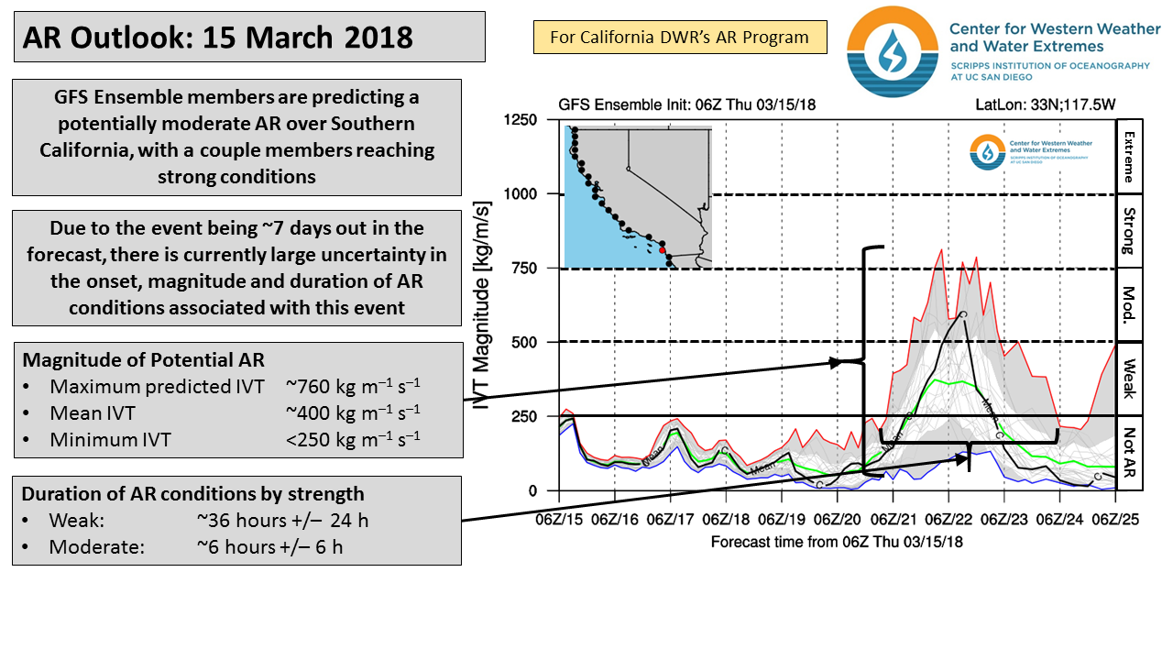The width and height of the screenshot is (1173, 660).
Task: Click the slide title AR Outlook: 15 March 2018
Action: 218,38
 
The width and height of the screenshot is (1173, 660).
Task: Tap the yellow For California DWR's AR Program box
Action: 679,38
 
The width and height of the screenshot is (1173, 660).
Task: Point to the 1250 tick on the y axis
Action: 521,119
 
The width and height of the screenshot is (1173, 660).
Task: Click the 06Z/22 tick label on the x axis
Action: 948,520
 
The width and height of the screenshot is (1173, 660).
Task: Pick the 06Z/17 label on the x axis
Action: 671,520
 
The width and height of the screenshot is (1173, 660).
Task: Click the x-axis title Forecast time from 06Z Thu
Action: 837,542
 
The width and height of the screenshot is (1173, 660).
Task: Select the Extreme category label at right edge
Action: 1128,156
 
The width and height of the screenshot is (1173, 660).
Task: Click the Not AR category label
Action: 1128,453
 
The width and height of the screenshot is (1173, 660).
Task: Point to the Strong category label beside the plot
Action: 1128,231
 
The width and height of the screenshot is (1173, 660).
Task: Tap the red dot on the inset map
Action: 662,248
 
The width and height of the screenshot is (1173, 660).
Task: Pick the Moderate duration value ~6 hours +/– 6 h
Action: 282,546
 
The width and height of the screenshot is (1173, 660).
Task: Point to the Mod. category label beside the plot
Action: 1128,305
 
